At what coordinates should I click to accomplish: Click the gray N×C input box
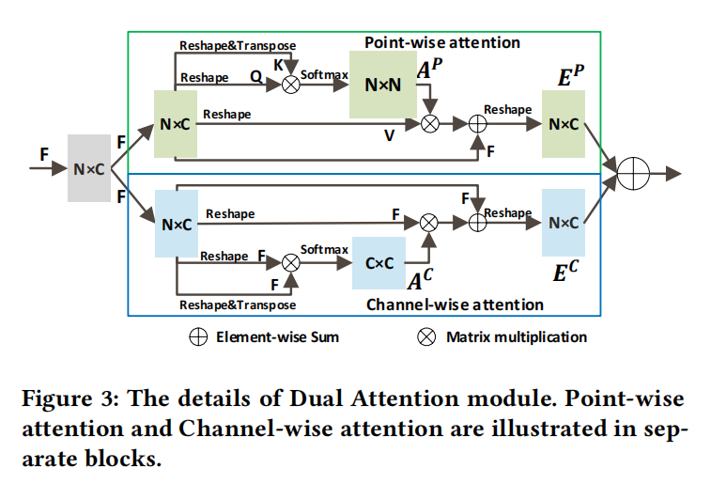pyautogui.click(x=88, y=168)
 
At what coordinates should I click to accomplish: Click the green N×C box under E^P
pyautogui.click(x=564, y=124)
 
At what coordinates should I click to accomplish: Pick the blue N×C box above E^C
pyautogui.click(x=564, y=223)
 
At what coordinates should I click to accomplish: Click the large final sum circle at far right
pyautogui.click(x=634, y=174)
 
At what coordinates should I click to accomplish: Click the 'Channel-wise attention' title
pyautogui.click(x=455, y=304)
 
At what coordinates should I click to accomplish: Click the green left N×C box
pyautogui.click(x=176, y=124)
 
